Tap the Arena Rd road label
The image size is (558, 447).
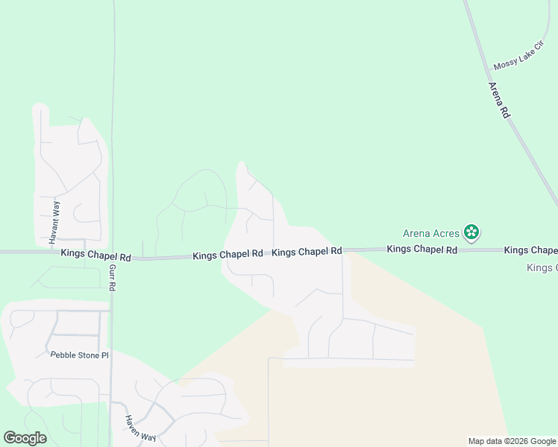click(x=498, y=101)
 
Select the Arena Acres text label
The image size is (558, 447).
click(x=431, y=233)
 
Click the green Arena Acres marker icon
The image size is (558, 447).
click(x=471, y=232)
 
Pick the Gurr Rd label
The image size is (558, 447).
click(x=114, y=276)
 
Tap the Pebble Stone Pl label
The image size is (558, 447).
click(x=80, y=355)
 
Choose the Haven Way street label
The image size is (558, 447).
click(x=141, y=428)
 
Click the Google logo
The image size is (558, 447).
click(x=25, y=438)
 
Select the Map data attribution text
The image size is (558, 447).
click(x=511, y=441)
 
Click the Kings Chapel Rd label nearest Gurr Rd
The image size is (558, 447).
click(x=96, y=256)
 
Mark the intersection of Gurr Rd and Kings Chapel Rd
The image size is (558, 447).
click(x=113, y=257)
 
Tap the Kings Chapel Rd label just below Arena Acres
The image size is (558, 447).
click(x=421, y=250)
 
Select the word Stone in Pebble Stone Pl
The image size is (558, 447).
click(x=84, y=355)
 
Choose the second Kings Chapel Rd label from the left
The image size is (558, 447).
click(x=228, y=255)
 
